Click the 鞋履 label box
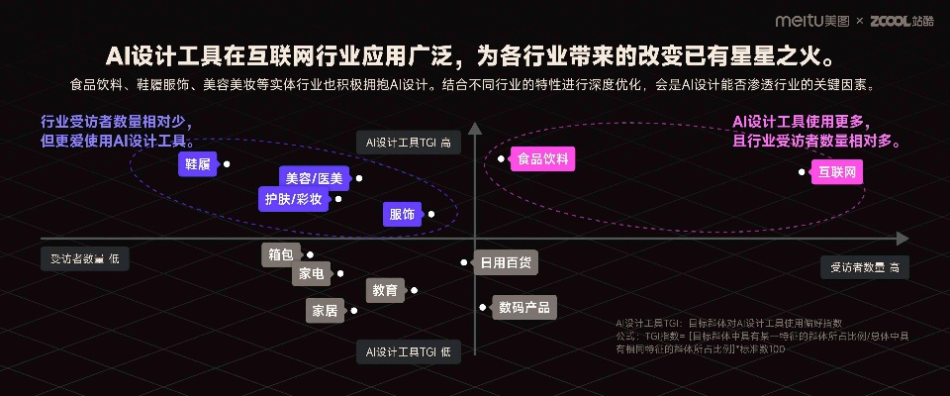coord(197,164)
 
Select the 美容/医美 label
coord(314,178)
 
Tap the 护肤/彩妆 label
coord(293,199)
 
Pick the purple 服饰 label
coord(402,214)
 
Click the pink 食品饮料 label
coord(543,159)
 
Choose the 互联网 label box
coord(836,172)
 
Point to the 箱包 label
coord(280,254)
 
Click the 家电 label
coord(311,272)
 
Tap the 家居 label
coord(325,310)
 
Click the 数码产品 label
coord(524,307)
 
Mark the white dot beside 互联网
coord(802,172)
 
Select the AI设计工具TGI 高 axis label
coord(409,143)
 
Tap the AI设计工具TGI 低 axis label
coord(409,351)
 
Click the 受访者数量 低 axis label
coord(85,258)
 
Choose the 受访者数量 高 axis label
coord(864,267)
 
